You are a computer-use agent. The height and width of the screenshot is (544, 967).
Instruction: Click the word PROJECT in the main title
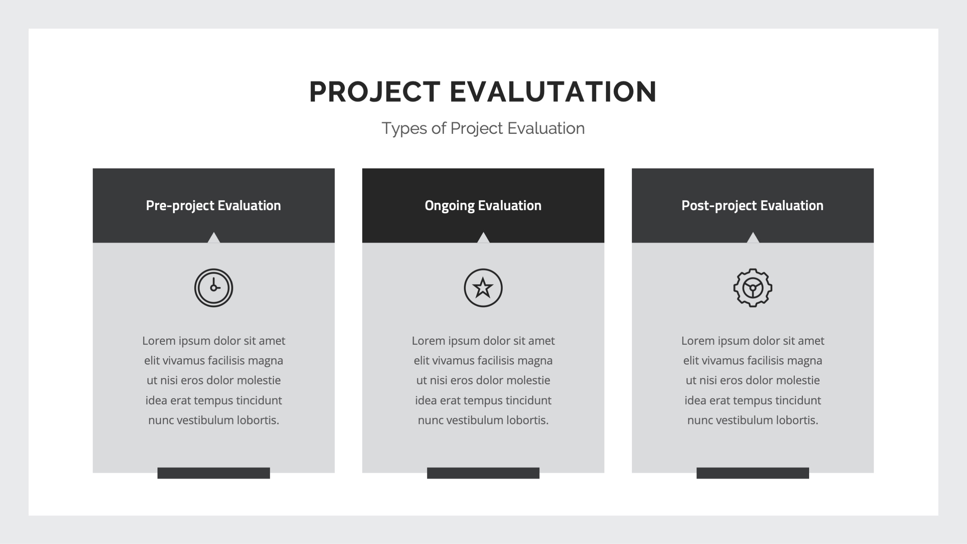(x=375, y=92)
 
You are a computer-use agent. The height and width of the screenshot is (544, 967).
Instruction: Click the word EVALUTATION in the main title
(x=553, y=92)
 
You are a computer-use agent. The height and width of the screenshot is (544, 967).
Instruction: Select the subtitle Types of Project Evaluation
(x=483, y=128)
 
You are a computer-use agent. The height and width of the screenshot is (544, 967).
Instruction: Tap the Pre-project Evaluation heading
(x=213, y=205)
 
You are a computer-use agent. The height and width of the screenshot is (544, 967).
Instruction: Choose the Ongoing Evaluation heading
(x=483, y=205)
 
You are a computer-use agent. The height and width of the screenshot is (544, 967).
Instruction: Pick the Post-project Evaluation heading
(x=752, y=205)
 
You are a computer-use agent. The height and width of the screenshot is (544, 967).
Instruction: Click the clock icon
(x=214, y=288)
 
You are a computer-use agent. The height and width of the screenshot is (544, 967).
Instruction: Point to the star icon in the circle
(x=483, y=288)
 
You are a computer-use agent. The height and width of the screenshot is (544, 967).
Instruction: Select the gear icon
(x=753, y=288)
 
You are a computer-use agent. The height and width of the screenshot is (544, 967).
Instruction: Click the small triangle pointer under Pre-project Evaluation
(x=214, y=238)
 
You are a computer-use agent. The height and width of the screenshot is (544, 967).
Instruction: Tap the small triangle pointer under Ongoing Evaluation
(x=483, y=238)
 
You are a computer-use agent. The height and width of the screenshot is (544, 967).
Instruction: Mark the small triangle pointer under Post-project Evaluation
(x=753, y=238)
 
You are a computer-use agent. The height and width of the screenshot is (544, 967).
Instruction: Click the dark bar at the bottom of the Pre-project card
(x=214, y=473)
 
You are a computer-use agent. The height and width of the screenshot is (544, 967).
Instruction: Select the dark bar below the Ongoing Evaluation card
(x=483, y=473)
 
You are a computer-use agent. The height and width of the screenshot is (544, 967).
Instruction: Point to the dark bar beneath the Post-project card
(x=753, y=473)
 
